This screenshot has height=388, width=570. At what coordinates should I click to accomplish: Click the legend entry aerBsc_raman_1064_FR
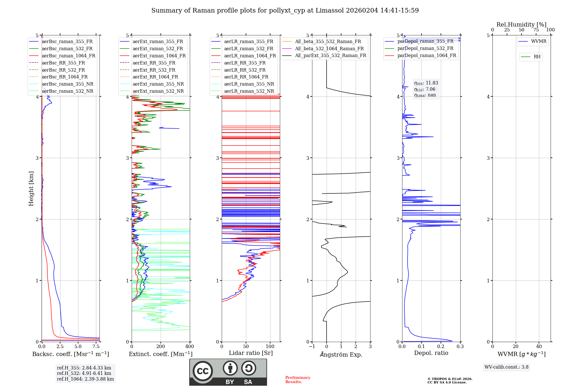coord(62,56)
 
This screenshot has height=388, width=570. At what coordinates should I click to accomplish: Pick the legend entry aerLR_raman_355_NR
coord(243,84)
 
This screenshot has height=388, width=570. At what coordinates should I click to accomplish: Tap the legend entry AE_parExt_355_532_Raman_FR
coord(324,55)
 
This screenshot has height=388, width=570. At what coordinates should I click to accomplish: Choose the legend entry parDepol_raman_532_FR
coord(419,48)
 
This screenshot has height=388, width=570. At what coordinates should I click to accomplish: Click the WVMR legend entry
coord(532,41)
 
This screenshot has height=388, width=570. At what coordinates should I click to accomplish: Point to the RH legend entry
coord(531,57)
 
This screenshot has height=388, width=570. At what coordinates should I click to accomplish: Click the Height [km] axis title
coord(31,189)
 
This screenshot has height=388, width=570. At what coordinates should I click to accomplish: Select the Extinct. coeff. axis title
coord(161,354)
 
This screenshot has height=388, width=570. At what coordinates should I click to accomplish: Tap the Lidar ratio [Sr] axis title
coord(251,353)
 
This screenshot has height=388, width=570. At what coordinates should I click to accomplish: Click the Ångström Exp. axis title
coord(341,354)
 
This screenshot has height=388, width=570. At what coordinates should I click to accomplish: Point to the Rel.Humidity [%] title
coord(522,25)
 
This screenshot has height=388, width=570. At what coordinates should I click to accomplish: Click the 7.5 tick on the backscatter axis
coord(96,346)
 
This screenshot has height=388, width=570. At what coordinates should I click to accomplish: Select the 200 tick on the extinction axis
coord(161,346)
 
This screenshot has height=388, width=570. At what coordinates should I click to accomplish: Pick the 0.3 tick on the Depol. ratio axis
coord(460,346)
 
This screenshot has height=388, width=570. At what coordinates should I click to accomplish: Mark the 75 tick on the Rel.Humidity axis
coord(536,30)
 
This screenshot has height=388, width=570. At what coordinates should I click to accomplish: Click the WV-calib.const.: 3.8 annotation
coord(506,367)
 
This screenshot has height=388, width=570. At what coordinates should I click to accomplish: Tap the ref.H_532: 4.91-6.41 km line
coord(84,373)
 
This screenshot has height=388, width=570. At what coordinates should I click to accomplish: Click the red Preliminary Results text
coord(298,380)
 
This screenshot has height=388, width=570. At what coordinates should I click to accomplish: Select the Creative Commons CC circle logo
coord(203,371)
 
